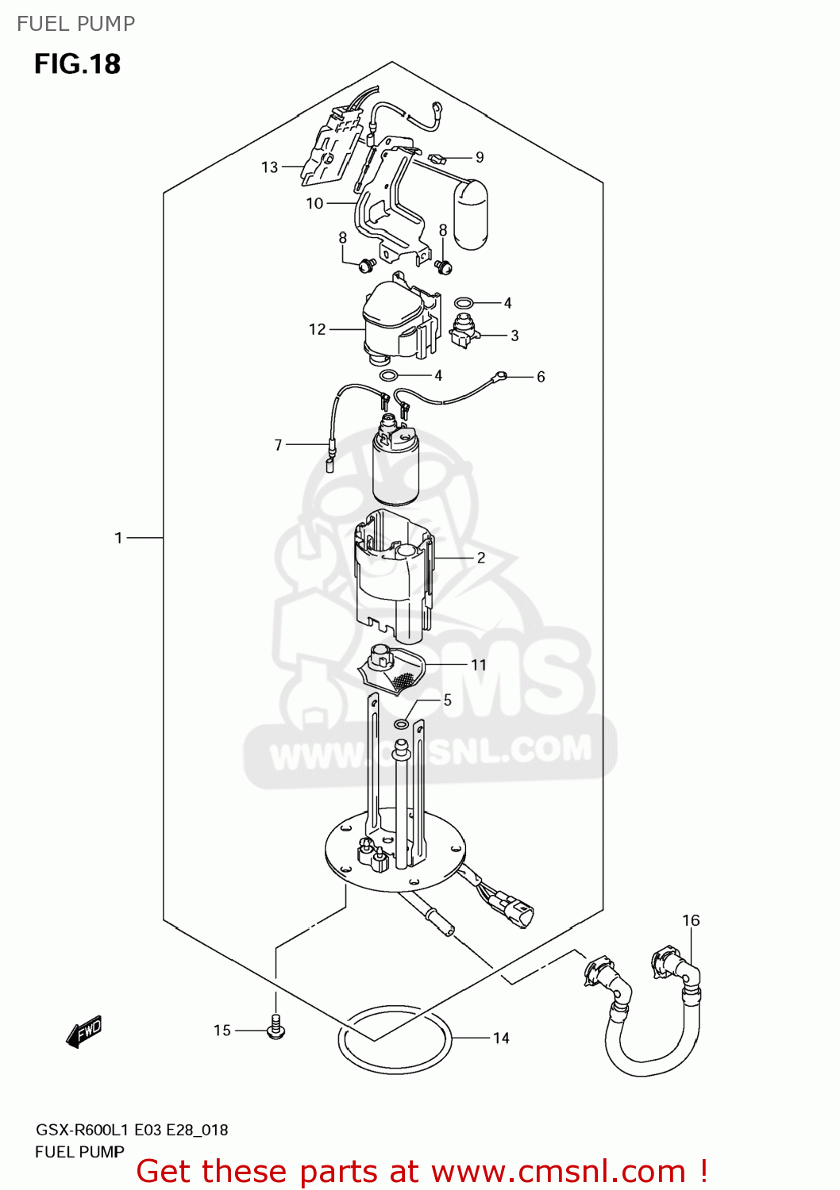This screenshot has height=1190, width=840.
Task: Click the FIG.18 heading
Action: pyautogui.click(x=77, y=64)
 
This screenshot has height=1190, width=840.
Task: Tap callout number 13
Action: pyautogui.click(x=270, y=167)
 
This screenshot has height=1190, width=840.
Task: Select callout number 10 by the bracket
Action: pyautogui.click(x=314, y=204)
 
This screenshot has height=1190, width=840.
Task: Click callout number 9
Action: pyautogui.click(x=480, y=158)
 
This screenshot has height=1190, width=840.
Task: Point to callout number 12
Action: pyautogui.click(x=317, y=329)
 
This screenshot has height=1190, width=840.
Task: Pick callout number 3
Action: pyautogui.click(x=514, y=336)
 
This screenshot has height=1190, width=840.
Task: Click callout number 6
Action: pyautogui.click(x=541, y=377)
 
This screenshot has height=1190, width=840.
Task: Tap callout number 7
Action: pyautogui.click(x=278, y=445)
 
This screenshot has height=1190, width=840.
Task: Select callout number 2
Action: pyautogui.click(x=481, y=559)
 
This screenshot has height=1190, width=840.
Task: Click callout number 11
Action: pyautogui.click(x=478, y=665)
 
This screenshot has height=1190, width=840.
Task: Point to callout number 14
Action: pyautogui.click(x=501, y=1038)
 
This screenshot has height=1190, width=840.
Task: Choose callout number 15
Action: pyautogui.click(x=222, y=1031)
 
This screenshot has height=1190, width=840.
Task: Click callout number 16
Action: pyautogui.click(x=691, y=920)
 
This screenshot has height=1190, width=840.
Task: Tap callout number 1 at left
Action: pyautogui.click(x=119, y=538)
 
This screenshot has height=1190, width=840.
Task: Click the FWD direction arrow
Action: pyautogui.click(x=84, y=1031)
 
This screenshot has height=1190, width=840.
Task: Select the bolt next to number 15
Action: pyautogui.click(x=276, y=1027)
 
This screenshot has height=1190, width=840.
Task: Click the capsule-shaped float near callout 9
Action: pyautogui.click(x=471, y=214)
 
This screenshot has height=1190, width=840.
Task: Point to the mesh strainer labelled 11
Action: pyautogui.click(x=394, y=670)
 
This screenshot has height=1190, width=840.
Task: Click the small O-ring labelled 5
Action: pyautogui.click(x=402, y=724)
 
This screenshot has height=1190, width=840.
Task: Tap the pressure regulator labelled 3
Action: pyautogui.click(x=464, y=330)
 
